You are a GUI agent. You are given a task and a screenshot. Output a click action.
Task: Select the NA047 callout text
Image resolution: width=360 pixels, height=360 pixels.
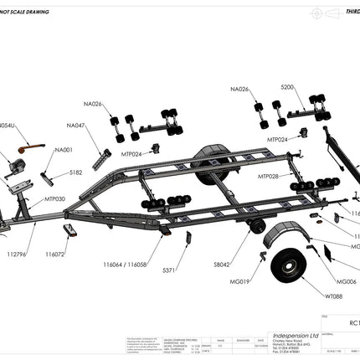pos(76,125)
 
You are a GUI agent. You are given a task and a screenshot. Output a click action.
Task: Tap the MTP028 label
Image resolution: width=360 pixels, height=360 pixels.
pos(269,177)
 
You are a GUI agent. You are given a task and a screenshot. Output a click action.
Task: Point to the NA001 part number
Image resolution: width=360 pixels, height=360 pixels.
pos(64,150)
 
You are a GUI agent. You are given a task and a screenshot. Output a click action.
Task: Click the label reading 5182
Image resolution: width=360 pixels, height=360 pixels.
pos(75,172)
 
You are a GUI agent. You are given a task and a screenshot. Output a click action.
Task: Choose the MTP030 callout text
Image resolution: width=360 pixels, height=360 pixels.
pos(54,199)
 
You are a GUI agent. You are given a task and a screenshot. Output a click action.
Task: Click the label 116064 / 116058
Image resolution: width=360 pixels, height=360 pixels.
pos(126,264)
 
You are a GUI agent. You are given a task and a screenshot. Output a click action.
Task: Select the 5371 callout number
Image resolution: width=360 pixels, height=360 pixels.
pos(168,270)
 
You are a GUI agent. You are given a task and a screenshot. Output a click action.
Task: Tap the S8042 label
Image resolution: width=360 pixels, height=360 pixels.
pos(222,264)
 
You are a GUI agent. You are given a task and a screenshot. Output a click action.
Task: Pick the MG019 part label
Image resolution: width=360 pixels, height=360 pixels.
pos(239,282)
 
